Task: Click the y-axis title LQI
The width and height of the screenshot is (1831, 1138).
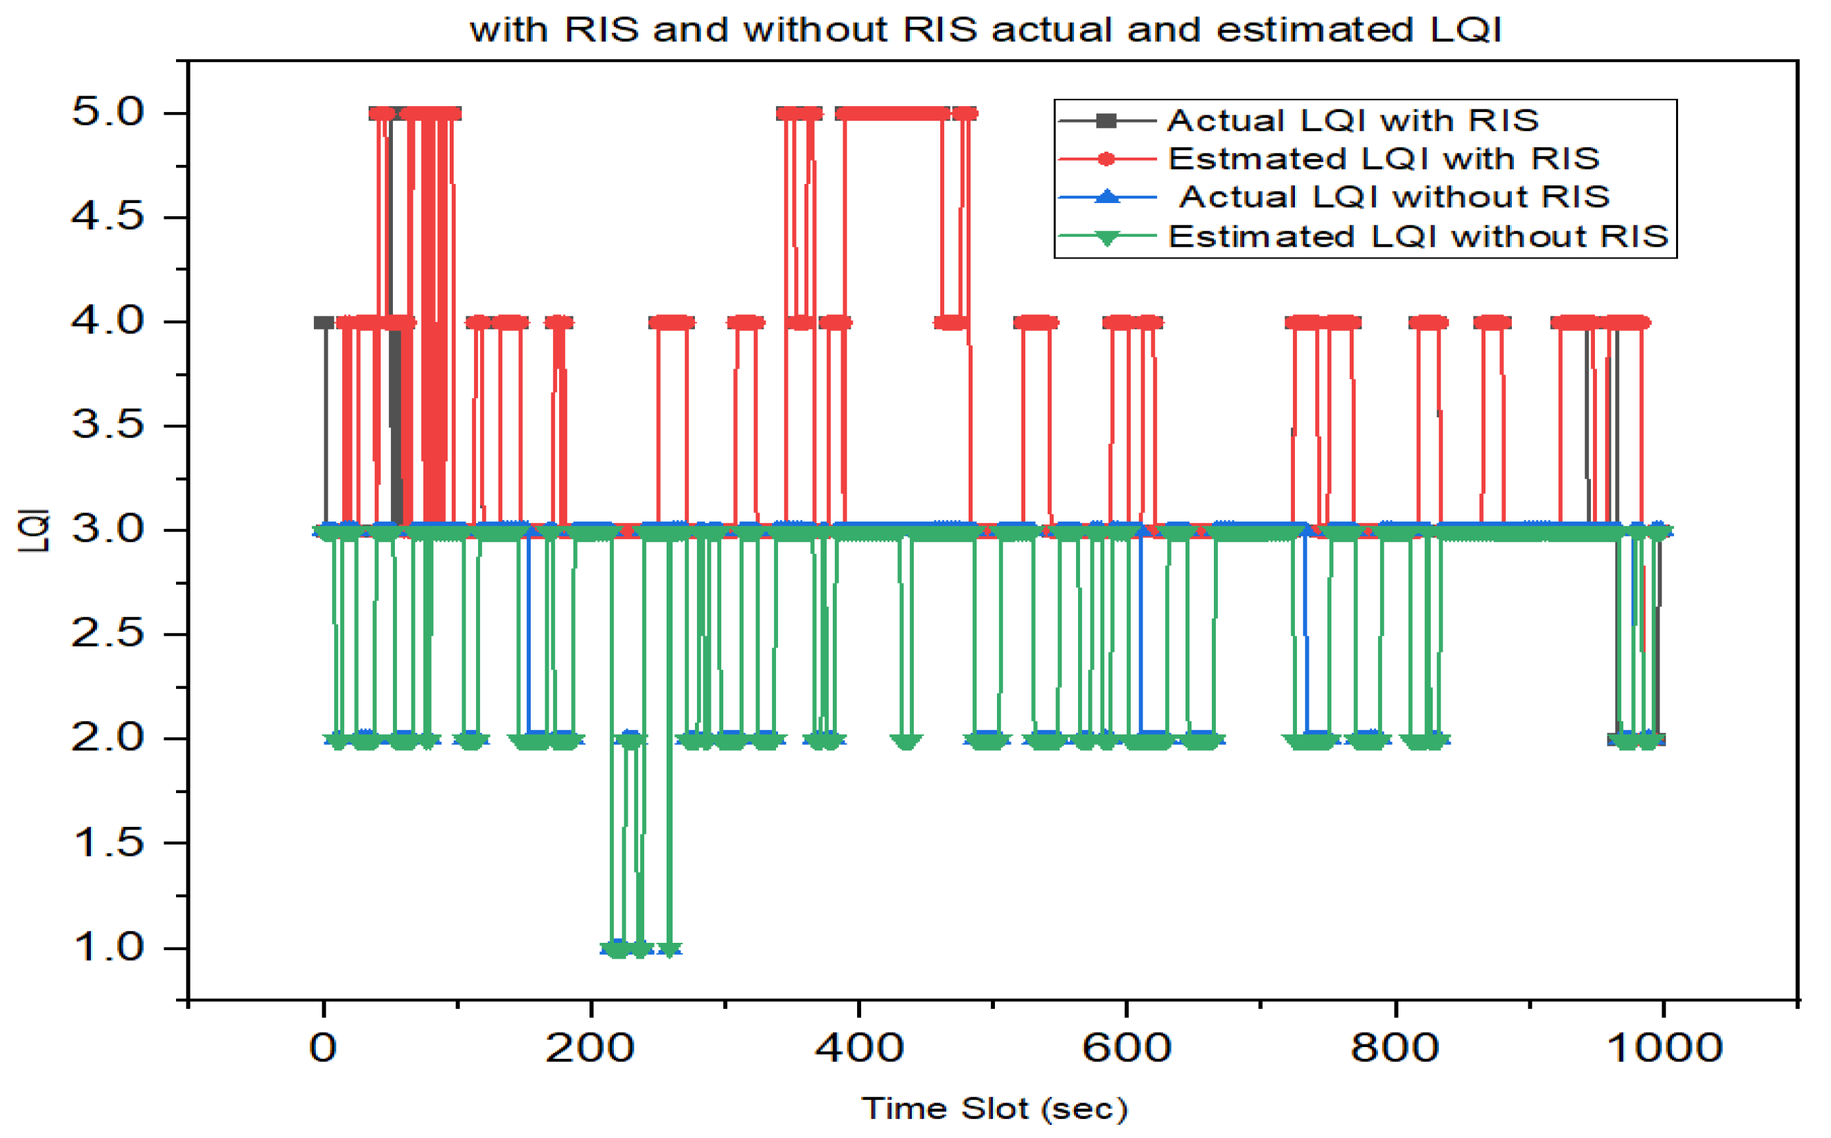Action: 34,531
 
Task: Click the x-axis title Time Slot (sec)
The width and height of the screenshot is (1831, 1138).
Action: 994,1108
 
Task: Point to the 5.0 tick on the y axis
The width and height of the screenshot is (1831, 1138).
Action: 107,113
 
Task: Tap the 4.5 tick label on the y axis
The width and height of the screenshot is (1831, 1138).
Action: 107,217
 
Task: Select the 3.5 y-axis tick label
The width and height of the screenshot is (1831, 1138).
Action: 107,425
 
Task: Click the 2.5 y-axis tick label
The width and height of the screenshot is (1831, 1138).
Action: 107,634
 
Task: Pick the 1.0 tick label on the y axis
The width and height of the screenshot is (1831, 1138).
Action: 107,947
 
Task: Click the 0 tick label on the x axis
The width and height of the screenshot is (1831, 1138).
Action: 323,1048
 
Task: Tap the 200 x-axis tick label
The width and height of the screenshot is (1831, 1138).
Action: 590,1048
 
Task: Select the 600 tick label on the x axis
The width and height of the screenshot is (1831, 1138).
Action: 1127,1048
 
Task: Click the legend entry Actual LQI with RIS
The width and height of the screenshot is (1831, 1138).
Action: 1352,121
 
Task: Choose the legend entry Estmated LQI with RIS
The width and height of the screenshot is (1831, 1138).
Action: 1383,159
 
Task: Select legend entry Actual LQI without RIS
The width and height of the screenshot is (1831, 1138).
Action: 1394,197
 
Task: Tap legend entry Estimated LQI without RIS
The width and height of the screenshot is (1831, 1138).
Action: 1418,236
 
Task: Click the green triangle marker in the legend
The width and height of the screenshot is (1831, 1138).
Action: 1107,238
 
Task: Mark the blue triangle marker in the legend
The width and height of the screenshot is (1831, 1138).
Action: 1107,196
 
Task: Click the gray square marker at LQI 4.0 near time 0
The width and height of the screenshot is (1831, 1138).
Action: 324,323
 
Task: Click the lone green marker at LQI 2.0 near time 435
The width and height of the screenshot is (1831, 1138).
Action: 906,741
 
